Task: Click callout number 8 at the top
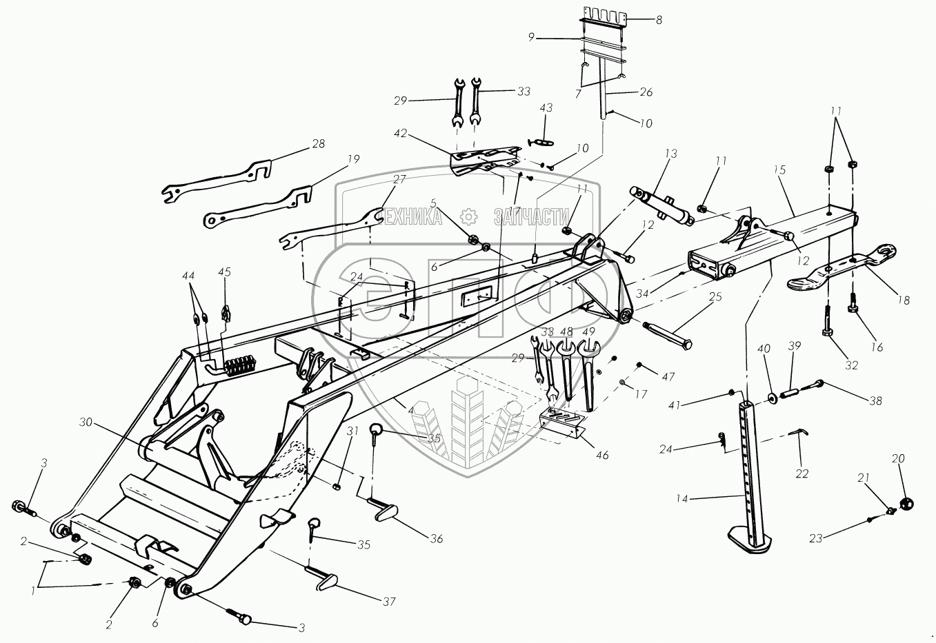pos(659,21)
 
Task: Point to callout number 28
pos(318,144)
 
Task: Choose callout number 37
pos(389,602)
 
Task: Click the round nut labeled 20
pos(906,504)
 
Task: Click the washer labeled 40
pos(770,398)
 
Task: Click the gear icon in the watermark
pos(469,216)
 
